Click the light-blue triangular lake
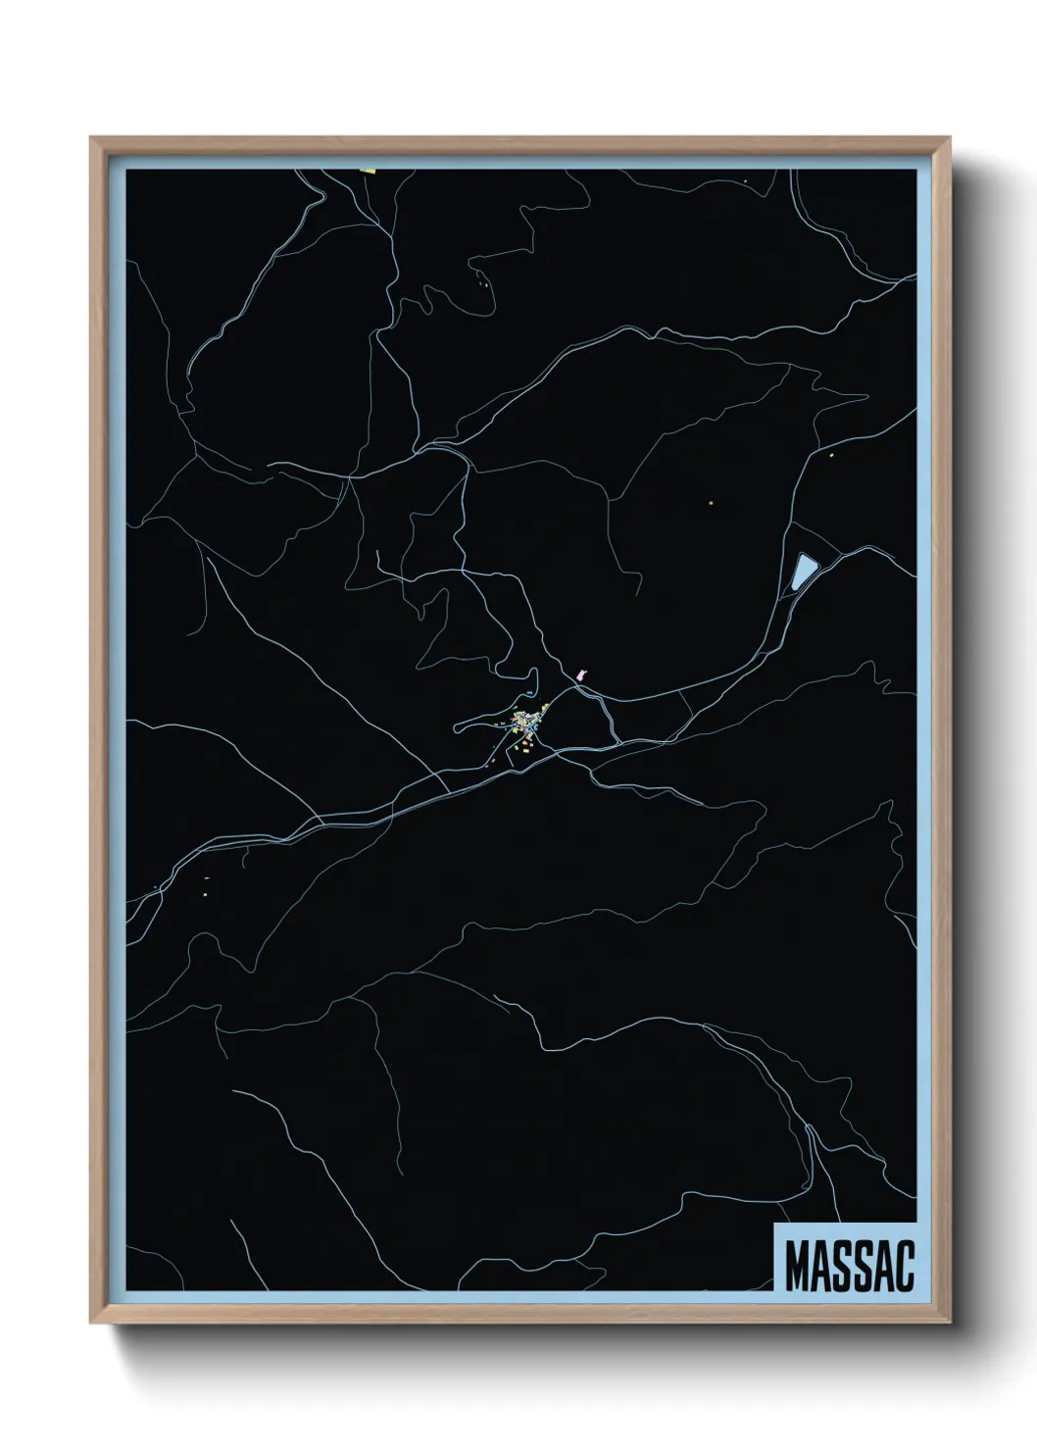tap(804, 570)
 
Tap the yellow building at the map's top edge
tap(370, 170)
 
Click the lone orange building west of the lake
tap(711, 504)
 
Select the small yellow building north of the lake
tap(831, 455)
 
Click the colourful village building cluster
tap(527, 725)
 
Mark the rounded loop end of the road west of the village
tap(458, 728)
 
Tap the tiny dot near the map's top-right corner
tap(746, 181)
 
